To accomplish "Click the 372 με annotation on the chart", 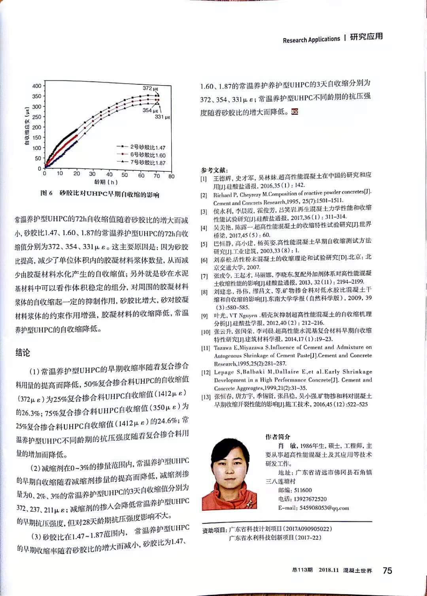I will [150, 88].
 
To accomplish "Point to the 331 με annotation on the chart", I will [162, 117].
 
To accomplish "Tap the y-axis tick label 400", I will [37, 86].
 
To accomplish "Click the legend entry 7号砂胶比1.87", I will [148, 163].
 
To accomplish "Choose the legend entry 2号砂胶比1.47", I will [148, 148].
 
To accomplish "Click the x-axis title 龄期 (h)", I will [106, 182].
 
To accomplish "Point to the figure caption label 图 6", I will [46, 193].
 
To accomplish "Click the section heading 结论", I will [23, 353].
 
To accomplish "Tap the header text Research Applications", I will [311, 40].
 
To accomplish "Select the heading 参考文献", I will [214, 170].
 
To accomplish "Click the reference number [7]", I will [204, 276].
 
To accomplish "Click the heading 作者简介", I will [278, 437].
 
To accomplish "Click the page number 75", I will [387, 570].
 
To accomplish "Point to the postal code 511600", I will [303, 490].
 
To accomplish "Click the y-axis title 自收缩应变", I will [27, 127].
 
